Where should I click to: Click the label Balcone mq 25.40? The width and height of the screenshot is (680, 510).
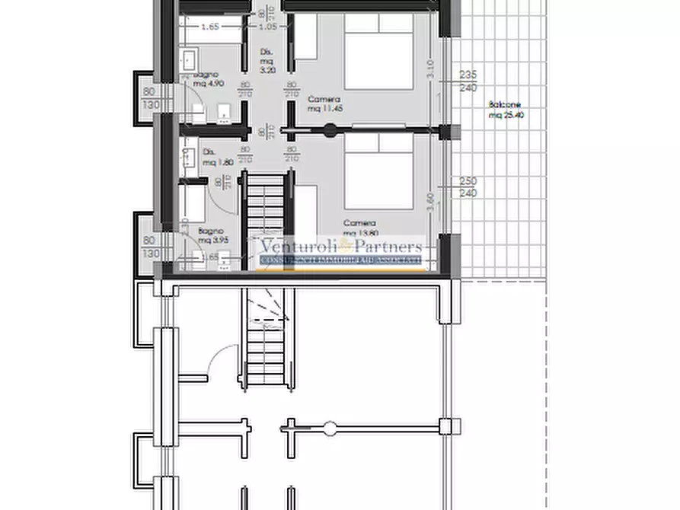507,110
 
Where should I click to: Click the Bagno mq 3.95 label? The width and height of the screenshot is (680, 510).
209,235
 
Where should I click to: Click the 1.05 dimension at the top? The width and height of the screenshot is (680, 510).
267,27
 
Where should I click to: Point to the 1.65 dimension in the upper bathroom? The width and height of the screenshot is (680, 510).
210,27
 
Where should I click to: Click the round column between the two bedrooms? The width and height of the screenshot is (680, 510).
330,130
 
